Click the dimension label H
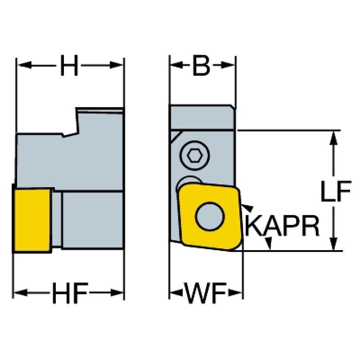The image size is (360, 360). coord(69,65)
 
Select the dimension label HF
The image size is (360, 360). coord(70,293)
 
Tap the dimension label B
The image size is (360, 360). coord(201,65)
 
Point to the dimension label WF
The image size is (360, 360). coord(206,293)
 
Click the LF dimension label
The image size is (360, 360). coord(336,191)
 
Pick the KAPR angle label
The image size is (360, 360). coord(282,226)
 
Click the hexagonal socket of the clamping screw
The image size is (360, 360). coord(194,155)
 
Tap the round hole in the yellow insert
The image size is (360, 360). coord(210,216)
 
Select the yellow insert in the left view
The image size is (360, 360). coord(32,221)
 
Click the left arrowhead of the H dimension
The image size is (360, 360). coord(24,65)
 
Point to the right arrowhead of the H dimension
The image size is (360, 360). coord(116,65)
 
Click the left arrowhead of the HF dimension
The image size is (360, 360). coord(21,293)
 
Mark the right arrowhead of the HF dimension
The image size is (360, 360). coord(117,293)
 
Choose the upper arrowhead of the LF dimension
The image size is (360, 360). coord(333,138)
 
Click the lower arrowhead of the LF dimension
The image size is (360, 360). coord(333,244)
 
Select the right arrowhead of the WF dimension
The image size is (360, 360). coord(235,292)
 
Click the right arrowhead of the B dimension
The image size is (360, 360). coord(227,65)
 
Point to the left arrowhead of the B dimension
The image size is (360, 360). coord(177,65)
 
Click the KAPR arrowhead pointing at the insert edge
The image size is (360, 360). coord(247,207)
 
